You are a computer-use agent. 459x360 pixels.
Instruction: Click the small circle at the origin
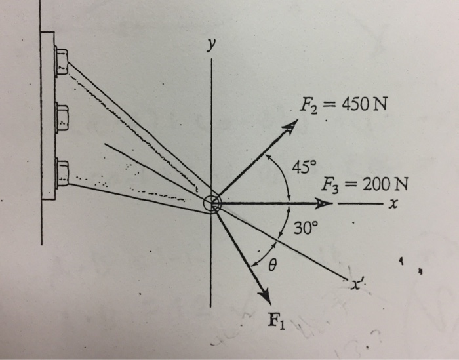pyautogui.click(x=212, y=204)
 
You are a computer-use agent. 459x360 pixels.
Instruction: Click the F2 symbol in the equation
pyautogui.click(x=308, y=104)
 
